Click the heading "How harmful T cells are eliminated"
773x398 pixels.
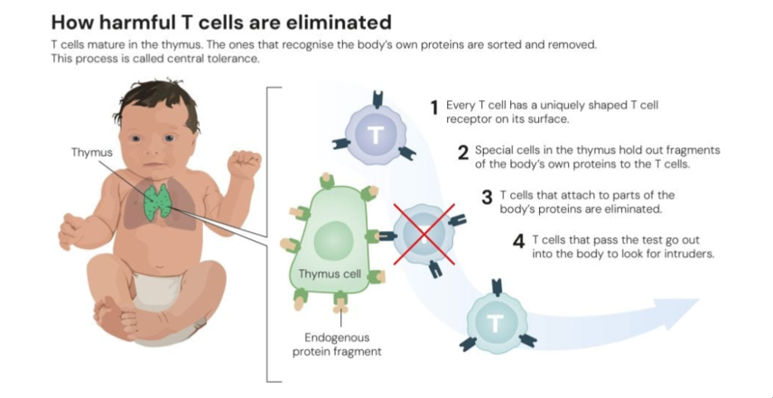tap(221, 21)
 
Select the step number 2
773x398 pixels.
tap(463, 154)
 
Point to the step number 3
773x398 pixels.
tap(487, 199)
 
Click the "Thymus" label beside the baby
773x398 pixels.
tap(91, 153)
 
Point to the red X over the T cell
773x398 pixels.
tap(423, 234)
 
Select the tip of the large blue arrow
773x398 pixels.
tap(697, 301)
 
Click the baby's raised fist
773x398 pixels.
tap(243, 165)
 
